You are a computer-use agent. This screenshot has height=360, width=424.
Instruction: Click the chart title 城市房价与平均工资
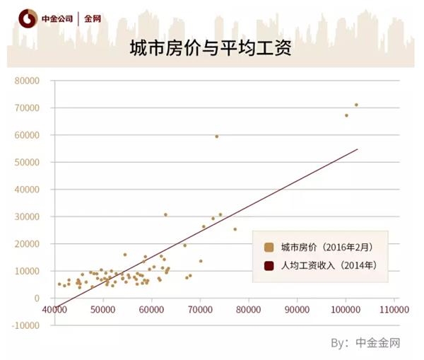210,50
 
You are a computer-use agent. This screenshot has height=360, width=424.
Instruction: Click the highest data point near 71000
356,105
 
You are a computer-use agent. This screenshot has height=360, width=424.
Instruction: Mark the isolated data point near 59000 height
217,137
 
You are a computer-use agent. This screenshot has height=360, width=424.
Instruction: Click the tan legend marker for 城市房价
269,248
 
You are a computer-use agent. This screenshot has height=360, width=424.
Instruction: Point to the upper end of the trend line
358,149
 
